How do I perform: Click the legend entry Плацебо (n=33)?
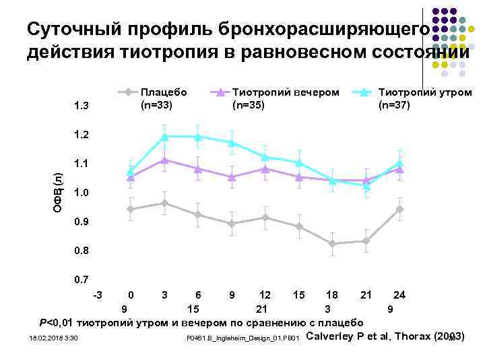point(163,98)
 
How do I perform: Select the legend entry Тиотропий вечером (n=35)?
point(285,98)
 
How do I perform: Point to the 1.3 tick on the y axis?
point(81,106)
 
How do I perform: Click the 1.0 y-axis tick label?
point(81,193)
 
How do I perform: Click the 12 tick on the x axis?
point(265,295)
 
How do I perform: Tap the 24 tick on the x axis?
point(399,295)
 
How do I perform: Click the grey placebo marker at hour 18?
point(332,243)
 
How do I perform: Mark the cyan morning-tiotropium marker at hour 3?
point(164,137)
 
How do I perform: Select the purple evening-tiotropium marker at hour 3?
point(164,160)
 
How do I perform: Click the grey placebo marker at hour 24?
point(399,209)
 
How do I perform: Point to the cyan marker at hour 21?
point(366,186)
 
